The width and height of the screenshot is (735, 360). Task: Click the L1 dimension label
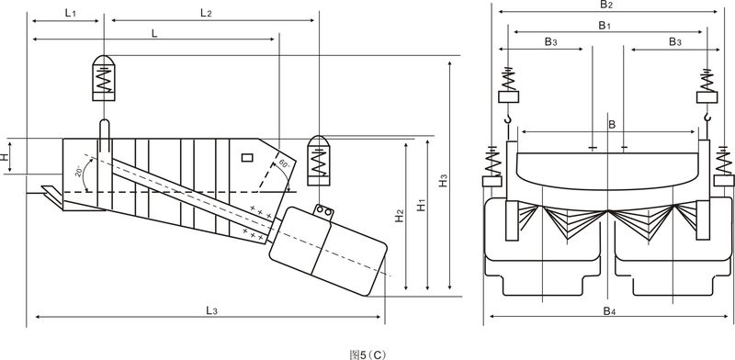(71, 13)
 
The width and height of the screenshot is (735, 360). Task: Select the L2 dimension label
(206, 13)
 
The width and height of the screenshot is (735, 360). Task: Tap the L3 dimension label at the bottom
(211, 309)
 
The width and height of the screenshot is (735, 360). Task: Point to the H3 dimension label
(443, 181)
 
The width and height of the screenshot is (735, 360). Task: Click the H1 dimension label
(422, 205)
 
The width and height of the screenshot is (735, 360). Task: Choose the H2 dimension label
(400, 215)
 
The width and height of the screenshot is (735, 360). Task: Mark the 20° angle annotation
(78, 171)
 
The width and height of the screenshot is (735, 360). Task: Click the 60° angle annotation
(284, 164)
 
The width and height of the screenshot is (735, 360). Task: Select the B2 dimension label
(606, 5)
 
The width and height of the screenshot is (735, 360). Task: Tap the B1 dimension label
(605, 26)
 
